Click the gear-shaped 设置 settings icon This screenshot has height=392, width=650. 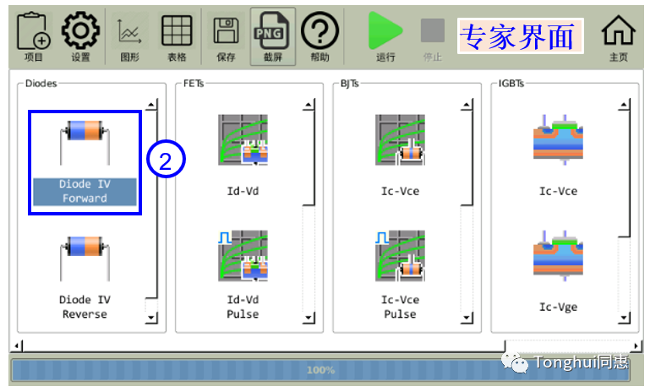coord(80,30)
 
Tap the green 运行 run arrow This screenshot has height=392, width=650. coord(385,30)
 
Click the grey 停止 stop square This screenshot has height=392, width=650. coord(433,30)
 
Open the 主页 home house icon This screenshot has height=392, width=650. coord(618,30)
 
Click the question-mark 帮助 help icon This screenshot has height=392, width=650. coord(320,30)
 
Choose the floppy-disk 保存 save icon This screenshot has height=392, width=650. coord(226,30)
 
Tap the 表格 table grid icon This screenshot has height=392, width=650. coord(177,30)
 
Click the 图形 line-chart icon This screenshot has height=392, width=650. coord(129,31)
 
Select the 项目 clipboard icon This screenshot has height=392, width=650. coord(33,31)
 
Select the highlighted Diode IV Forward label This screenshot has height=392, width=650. coord(85,191)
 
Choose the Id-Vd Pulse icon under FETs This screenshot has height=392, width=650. coord(243,256)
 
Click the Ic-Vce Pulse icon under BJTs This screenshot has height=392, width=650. coord(400,256)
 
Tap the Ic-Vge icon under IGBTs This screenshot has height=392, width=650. coord(558,255)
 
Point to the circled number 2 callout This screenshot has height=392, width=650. coord(166,159)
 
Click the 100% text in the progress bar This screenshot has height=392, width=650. coord(321,370)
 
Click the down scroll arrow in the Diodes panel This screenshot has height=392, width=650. coord(151,318)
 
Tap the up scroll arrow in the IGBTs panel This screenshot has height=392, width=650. coord(624,106)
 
